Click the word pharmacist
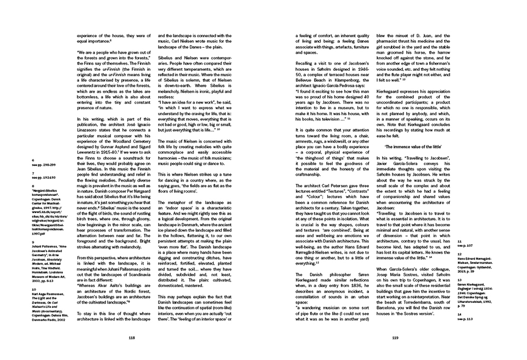[x=394, y=41]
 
